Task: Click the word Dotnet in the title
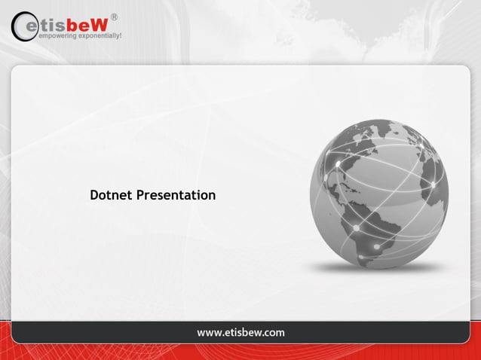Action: click(111, 195)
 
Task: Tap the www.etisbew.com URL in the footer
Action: click(240, 332)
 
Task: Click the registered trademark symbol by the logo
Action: click(114, 16)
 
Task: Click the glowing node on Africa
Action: click(434, 184)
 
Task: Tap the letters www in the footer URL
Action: click(209, 332)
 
